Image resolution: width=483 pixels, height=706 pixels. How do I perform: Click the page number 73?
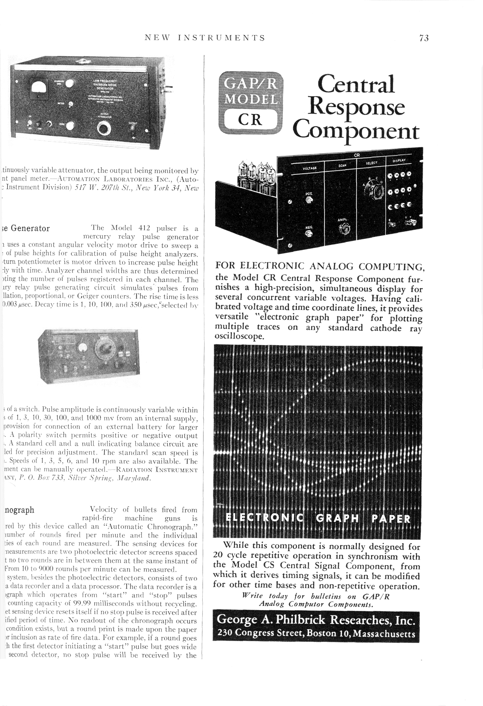[424, 38]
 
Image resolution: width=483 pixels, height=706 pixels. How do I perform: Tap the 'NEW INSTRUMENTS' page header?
[205, 38]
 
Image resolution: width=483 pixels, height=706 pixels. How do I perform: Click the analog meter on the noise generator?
[39, 88]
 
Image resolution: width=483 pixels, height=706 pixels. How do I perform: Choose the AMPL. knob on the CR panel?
[344, 229]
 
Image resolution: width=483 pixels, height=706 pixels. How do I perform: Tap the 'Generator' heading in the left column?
[30, 228]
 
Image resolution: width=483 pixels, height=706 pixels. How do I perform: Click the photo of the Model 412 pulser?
[89, 355]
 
